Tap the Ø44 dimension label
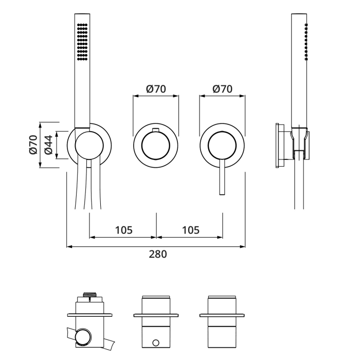point(47,145)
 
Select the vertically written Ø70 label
point(32,145)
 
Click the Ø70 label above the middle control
point(155,88)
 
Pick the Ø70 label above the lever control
point(222,88)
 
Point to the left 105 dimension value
point(123,229)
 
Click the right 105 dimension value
point(189,229)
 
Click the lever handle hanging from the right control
point(222,177)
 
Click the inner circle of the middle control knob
point(155,145)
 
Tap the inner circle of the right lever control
point(222,145)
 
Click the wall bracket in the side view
point(280,146)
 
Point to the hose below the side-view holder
point(299,185)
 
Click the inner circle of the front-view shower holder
point(88,145)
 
